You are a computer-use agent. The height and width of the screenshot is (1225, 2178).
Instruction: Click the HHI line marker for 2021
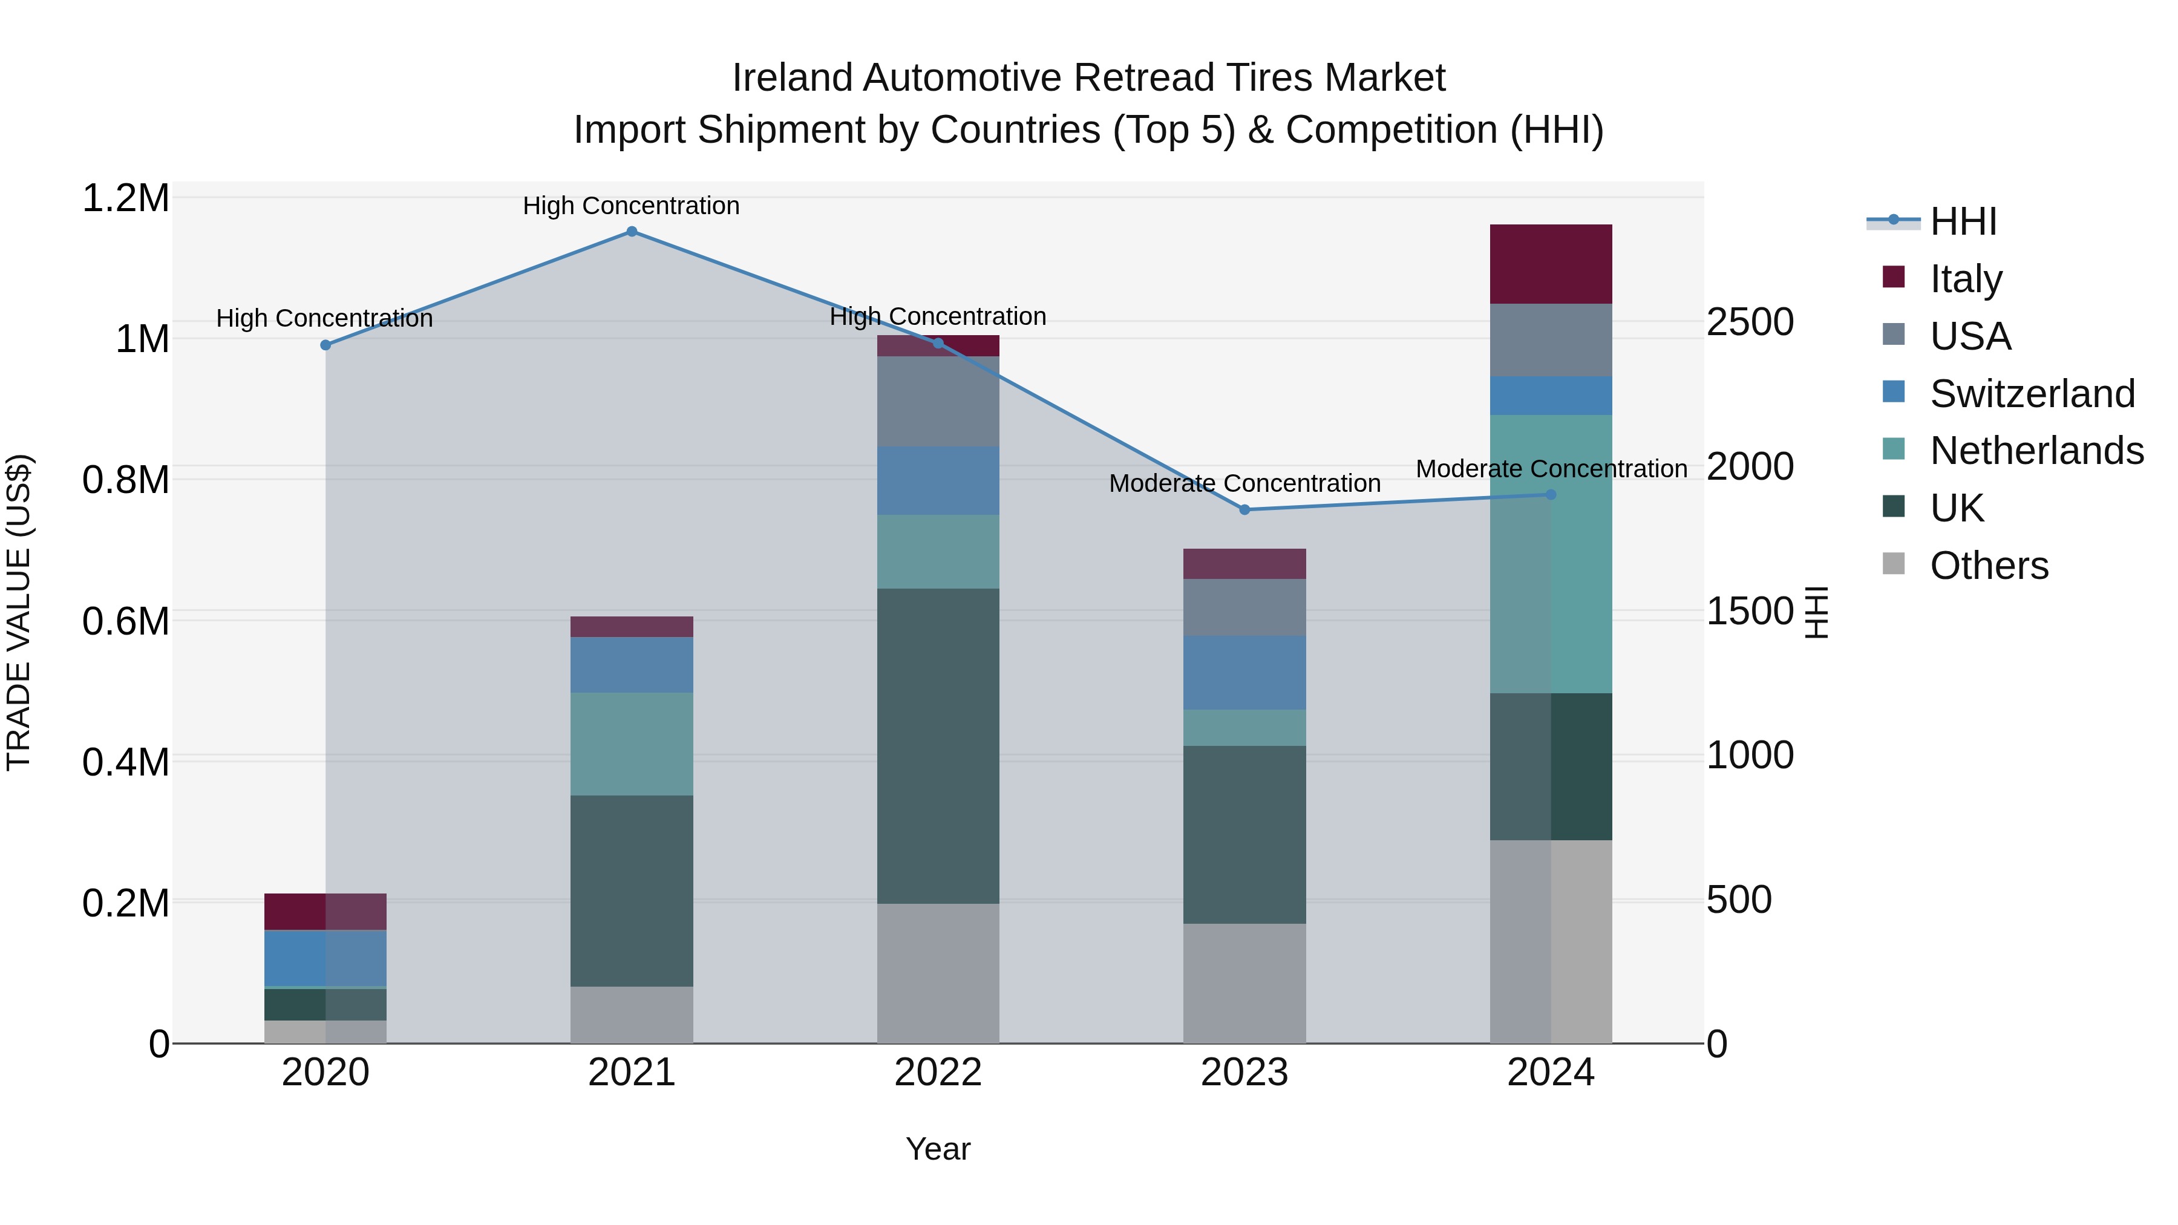click(632, 232)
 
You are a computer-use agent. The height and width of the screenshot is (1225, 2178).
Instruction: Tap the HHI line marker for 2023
click(1244, 510)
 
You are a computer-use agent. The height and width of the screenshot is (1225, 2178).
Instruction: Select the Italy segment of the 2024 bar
click(1551, 264)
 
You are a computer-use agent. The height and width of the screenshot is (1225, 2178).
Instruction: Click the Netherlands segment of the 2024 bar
click(1551, 554)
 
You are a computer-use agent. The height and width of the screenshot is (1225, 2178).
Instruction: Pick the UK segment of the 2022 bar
click(938, 746)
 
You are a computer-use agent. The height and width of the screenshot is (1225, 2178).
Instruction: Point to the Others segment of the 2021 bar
click(632, 1014)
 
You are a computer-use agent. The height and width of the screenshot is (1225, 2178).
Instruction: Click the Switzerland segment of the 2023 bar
click(1244, 672)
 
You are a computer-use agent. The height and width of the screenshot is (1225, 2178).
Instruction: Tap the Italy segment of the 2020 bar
click(325, 912)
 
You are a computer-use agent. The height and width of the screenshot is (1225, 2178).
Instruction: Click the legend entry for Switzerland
click(2032, 394)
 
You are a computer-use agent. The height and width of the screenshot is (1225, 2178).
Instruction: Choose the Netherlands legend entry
click(2036, 451)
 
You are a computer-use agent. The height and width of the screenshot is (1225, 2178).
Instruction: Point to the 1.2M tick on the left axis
click(125, 198)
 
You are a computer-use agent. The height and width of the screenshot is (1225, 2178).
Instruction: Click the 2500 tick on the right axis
click(1749, 322)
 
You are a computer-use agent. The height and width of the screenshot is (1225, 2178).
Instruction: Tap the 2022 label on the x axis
click(938, 1073)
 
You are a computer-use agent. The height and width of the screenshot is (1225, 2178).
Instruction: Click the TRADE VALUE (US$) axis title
click(19, 612)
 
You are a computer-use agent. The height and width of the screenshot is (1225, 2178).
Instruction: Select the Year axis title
click(938, 1149)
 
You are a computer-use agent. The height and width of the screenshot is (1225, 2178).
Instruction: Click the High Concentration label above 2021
click(631, 206)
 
